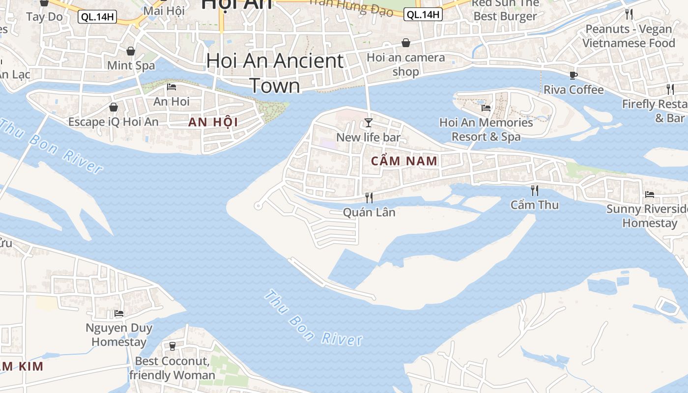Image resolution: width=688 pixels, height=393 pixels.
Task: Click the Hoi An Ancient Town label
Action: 275,73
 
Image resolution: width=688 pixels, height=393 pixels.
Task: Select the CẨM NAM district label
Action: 404,161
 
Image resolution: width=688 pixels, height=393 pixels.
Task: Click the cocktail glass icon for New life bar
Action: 369,122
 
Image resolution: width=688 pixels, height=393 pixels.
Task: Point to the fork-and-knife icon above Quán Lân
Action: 369,197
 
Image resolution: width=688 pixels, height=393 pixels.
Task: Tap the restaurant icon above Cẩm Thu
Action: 535,190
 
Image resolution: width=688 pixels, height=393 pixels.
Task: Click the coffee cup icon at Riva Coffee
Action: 573,75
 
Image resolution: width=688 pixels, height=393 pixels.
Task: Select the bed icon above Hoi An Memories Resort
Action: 486,108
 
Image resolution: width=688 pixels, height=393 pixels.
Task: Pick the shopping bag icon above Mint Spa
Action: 131,51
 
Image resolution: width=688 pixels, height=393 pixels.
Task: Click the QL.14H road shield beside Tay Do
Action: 97,17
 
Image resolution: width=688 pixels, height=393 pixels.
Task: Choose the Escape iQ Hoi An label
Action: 114,122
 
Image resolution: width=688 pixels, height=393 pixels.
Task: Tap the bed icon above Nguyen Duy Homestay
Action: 119,313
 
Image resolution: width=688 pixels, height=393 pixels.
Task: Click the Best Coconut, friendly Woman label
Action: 172,368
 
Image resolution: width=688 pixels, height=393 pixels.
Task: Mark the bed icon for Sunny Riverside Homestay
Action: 650,194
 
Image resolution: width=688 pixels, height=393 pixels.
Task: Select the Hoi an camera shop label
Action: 406,64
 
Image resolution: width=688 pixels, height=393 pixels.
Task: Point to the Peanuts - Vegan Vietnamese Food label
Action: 629,36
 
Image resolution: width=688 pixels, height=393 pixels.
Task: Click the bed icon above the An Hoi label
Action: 172,87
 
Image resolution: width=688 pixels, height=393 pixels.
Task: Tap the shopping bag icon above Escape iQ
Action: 114,107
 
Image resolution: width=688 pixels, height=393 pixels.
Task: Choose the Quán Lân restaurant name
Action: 369,212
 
